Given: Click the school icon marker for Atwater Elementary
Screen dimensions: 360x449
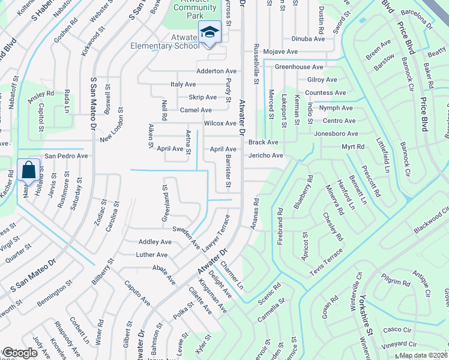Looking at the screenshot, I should click(209, 32).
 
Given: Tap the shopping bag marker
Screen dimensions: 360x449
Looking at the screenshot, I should click(29, 170).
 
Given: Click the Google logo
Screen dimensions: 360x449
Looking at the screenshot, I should click(19, 353).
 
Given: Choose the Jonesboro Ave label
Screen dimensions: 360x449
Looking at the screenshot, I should click(336, 134).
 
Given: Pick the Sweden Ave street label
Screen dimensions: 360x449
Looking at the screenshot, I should click(186, 238).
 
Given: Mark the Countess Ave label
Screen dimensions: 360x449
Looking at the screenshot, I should click(325, 93).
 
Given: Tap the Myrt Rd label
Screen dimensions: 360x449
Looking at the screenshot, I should click(353, 146).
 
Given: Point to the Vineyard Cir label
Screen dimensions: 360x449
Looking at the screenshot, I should click(400, 344).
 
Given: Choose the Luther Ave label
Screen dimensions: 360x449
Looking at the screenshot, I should click(152, 255).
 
